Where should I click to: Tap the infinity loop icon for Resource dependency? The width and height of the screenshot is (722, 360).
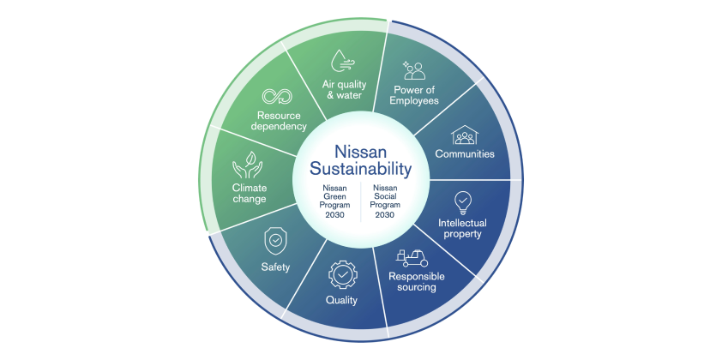click(x=277, y=97)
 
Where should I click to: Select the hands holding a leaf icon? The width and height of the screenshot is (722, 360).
click(x=247, y=165)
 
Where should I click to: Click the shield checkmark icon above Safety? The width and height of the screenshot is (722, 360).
click(x=275, y=241)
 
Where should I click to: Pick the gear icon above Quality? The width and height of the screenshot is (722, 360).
click(x=343, y=275)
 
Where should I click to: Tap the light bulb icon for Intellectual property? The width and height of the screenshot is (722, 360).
click(x=462, y=203)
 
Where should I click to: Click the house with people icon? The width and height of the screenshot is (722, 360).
click(x=465, y=135)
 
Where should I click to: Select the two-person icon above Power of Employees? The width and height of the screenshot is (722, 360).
click(x=413, y=70)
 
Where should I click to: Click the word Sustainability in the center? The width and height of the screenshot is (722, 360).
click(x=360, y=169)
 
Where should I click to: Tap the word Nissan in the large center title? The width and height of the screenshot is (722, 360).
click(x=360, y=152)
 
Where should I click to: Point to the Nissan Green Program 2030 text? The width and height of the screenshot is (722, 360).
click(x=334, y=201)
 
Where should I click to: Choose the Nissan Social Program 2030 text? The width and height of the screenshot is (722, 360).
click(x=385, y=201)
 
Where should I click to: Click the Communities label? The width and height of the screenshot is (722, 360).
click(x=465, y=153)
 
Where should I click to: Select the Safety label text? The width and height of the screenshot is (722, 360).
click(x=275, y=267)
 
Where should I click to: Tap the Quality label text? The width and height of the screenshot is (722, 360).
click(x=341, y=301)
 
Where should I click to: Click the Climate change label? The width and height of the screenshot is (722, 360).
click(x=250, y=194)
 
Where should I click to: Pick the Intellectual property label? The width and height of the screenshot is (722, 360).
click(x=462, y=229)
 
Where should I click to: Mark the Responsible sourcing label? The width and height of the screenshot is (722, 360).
click(x=417, y=282)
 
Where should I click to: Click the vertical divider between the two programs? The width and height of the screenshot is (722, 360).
click(x=360, y=201)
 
